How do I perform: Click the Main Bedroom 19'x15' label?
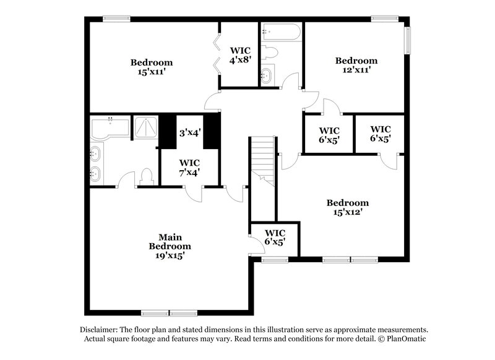pos(165,246)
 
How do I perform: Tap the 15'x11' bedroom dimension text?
pos(151,72)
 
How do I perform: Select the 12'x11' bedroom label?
pos(356,71)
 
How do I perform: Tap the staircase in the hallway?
pos(262,160)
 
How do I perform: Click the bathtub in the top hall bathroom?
pos(280,32)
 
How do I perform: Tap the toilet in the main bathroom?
pos(147,176)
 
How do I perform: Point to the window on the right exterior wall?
pos(408,40)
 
